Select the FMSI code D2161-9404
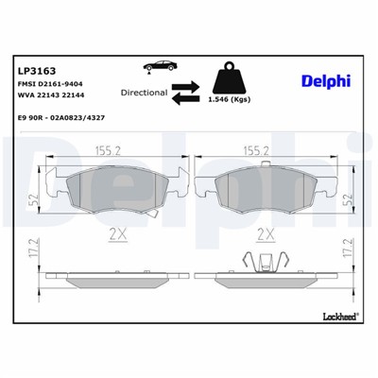[59, 83]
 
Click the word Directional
[145, 93]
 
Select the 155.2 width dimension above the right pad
[258, 149]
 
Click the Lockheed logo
[339, 315]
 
